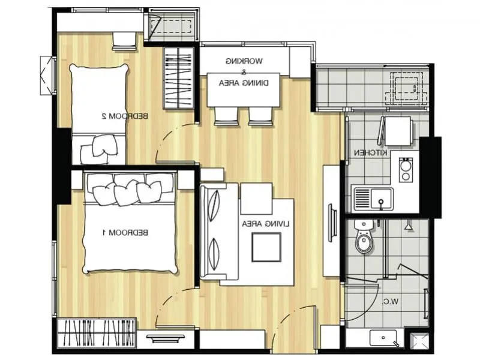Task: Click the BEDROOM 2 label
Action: [125, 116]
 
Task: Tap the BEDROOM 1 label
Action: [125, 233]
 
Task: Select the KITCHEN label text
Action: [371, 152]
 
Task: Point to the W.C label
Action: [391, 302]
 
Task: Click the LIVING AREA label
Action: [266, 224]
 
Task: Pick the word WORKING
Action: [244, 61]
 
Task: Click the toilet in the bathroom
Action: [364, 236]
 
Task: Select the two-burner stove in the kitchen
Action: [406, 170]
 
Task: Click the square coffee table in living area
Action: [266, 247]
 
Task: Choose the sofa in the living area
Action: [219, 231]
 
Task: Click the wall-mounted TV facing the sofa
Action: [332, 223]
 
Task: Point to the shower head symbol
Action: [409, 226]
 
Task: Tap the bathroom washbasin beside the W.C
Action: [383, 338]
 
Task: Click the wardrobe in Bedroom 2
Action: [178, 79]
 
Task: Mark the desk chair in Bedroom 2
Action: [124, 41]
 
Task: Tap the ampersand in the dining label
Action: [244, 73]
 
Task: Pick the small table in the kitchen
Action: [398, 131]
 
